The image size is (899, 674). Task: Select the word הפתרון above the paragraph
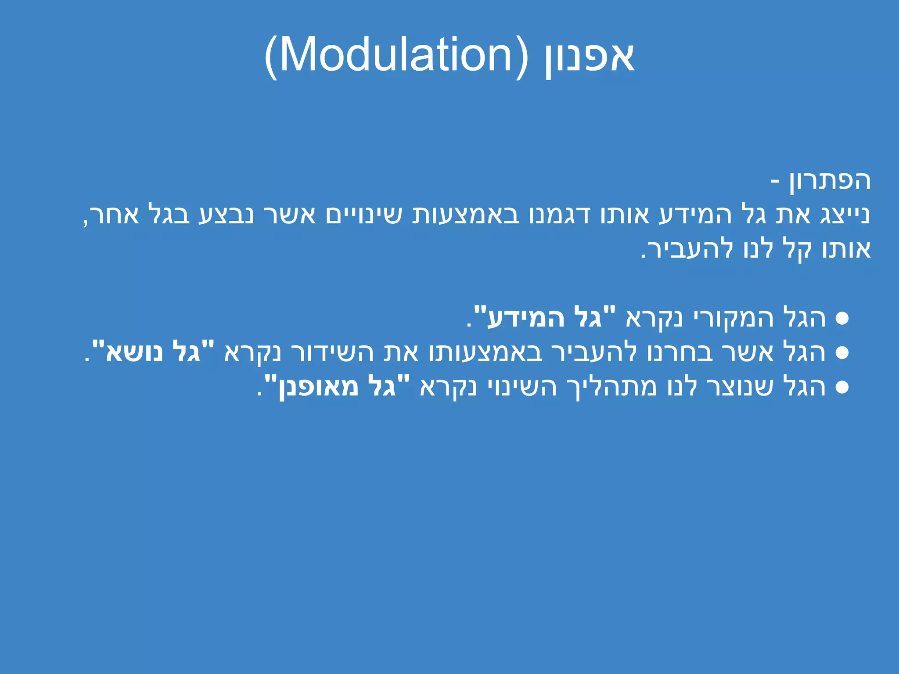pos(830,181)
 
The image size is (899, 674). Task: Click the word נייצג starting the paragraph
pos(845,215)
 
